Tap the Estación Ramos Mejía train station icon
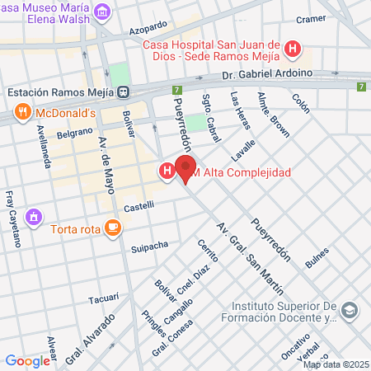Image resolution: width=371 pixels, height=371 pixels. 123,92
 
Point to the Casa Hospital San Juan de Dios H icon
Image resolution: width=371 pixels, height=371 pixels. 291,50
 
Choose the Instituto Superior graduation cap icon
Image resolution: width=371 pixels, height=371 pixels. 350,311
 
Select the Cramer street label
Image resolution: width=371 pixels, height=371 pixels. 312,18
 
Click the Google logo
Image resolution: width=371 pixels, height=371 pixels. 27,360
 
